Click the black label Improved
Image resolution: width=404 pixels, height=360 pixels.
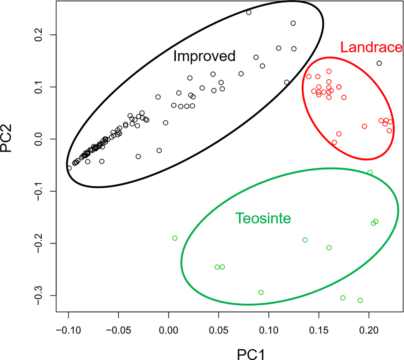(x=204, y=56)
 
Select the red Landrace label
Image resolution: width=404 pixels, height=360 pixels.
(x=371, y=47)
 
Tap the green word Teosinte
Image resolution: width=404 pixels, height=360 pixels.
(x=263, y=219)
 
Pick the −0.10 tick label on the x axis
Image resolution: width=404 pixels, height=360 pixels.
(x=68, y=330)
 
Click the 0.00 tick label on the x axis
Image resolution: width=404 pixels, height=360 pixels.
(x=168, y=330)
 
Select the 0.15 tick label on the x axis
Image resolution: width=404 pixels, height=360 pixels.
(x=319, y=330)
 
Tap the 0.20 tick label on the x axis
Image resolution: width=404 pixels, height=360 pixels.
(x=369, y=330)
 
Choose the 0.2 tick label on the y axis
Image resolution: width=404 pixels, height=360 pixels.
(x=39, y=35)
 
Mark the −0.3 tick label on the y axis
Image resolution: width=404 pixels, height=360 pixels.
(x=39, y=296)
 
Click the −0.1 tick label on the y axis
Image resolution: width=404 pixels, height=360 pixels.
(x=39, y=191)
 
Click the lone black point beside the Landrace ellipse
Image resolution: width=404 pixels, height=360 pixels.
(x=379, y=63)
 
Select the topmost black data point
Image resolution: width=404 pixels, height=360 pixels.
(x=249, y=12)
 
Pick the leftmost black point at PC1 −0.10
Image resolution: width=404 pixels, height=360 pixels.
(x=69, y=168)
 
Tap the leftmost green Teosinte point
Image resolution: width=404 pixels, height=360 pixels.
(x=175, y=238)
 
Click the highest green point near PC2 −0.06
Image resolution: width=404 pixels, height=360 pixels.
(x=370, y=172)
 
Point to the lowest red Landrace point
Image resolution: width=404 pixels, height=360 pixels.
(x=334, y=142)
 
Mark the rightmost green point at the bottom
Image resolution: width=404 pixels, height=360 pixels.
(x=360, y=300)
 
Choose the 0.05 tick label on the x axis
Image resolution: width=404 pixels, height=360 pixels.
(x=219, y=330)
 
